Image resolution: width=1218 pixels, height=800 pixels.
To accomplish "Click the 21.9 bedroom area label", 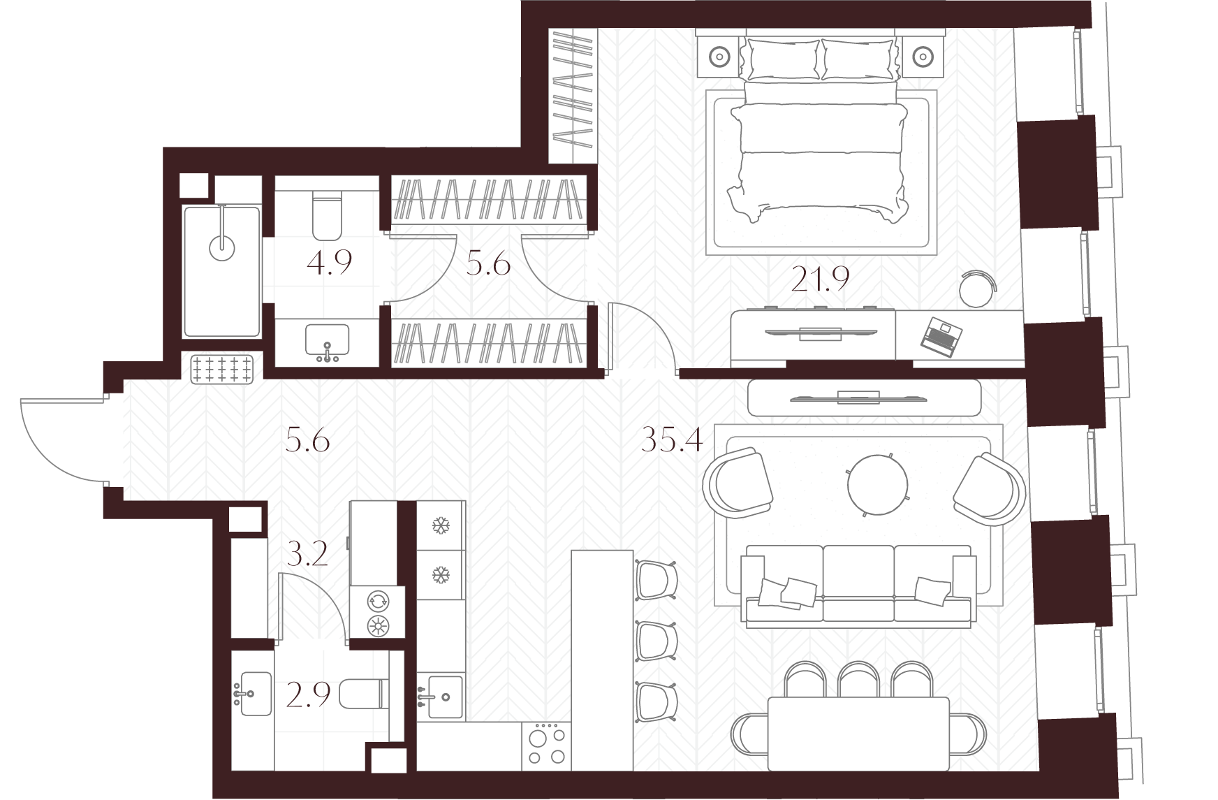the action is click(x=820, y=279).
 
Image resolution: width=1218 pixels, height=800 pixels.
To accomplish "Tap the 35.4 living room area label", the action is click(x=672, y=441).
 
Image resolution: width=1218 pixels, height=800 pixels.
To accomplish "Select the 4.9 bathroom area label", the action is click(x=329, y=263).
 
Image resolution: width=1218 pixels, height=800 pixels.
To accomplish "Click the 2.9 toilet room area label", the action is click(x=308, y=695).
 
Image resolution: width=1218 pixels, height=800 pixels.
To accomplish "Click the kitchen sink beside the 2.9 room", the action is click(x=441, y=697).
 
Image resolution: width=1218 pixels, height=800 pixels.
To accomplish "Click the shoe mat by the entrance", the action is click(x=223, y=368).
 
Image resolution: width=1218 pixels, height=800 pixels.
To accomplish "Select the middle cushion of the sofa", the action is click(x=858, y=583).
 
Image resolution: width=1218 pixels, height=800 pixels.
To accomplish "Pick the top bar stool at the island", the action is click(x=656, y=579).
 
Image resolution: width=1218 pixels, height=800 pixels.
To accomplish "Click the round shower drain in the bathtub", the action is click(x=222, y=246).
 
